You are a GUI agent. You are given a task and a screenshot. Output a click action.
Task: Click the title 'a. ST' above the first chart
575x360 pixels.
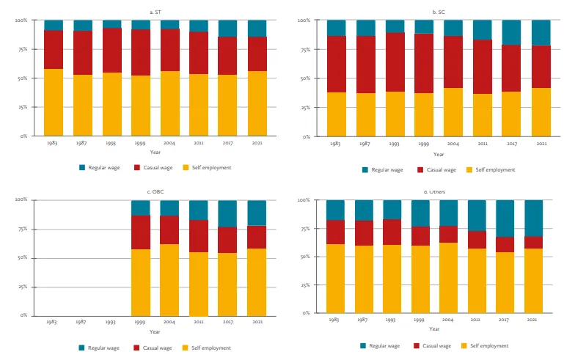tap(153, 12)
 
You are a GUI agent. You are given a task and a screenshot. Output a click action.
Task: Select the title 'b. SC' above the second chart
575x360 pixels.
tap(438, 12)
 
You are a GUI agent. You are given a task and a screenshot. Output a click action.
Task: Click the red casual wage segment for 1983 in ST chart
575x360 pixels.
tap(54, 50)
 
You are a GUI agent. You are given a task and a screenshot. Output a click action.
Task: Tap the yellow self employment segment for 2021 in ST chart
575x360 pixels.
tap(257, 103)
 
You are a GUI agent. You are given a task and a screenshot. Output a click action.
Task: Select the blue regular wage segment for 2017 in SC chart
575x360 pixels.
tap(511, 32)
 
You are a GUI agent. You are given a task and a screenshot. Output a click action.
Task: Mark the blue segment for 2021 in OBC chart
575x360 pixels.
tap(257, 213)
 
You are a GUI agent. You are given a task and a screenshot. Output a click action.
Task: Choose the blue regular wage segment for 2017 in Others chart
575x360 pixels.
tap(505, 218)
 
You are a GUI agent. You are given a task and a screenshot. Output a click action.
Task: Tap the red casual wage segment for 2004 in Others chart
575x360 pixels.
tap(448, 234)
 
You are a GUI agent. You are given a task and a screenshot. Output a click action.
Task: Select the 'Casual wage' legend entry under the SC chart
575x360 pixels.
tap(436, 170)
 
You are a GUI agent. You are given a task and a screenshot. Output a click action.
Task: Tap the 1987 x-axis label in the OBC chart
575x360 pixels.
tap(81, 322)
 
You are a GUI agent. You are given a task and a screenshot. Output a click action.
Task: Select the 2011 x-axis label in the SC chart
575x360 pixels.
tap(482, 144)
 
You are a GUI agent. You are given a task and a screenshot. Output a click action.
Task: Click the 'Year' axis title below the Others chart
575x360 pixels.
tap(434, 328)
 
